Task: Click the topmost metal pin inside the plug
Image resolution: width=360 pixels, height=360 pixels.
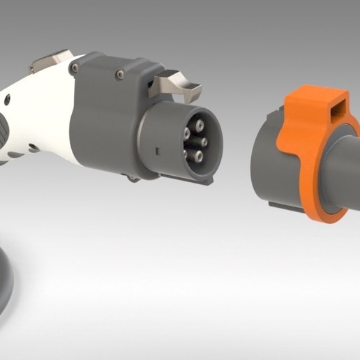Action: click(198, 126)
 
